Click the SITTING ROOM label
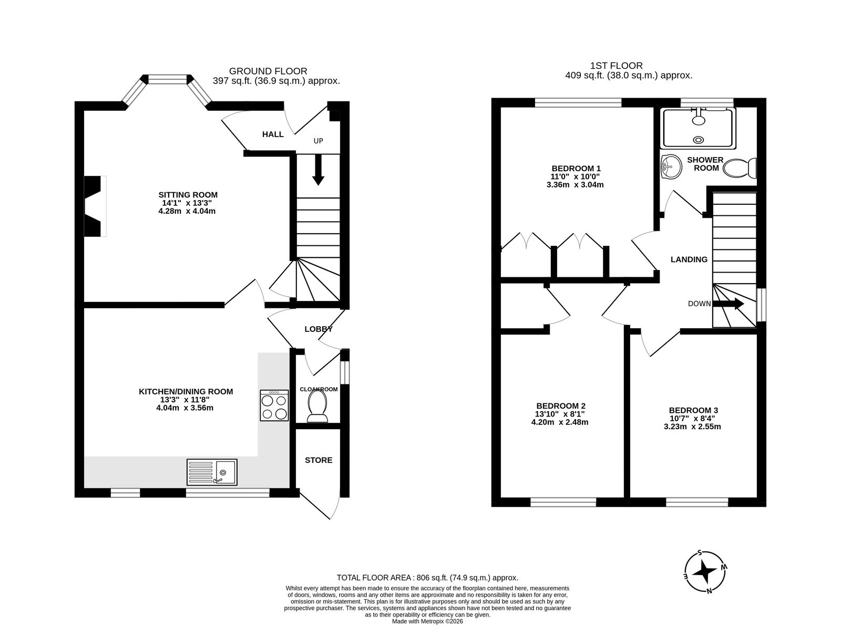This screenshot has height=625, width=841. [x=188, y=195]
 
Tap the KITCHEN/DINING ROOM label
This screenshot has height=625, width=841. [x=186, y=391]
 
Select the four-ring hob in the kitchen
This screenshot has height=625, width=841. [x=274, y=405]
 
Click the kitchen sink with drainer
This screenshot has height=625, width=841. [x=212, y=472]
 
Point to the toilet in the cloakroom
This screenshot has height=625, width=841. [x=318, y=407]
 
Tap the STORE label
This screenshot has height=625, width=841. [x=319, y=460]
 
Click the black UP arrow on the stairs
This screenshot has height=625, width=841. [x=318, y=170]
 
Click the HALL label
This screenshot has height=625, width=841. [x=273, y=134]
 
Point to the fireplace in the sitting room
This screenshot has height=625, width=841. [x=94, y=206]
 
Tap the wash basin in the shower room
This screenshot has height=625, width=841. [x=672, y=166]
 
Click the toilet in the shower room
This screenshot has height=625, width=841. [x=740, y=168]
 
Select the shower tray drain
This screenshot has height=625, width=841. [x=699, y=140]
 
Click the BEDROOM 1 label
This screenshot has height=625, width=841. [x=576, y=168]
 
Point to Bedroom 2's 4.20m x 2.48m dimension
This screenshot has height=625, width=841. [x=560, y=422]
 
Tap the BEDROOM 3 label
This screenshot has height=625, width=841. [x=693, y=410]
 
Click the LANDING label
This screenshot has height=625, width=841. [x=689, y=259]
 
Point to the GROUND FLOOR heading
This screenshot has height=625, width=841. [x=268, y=71]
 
